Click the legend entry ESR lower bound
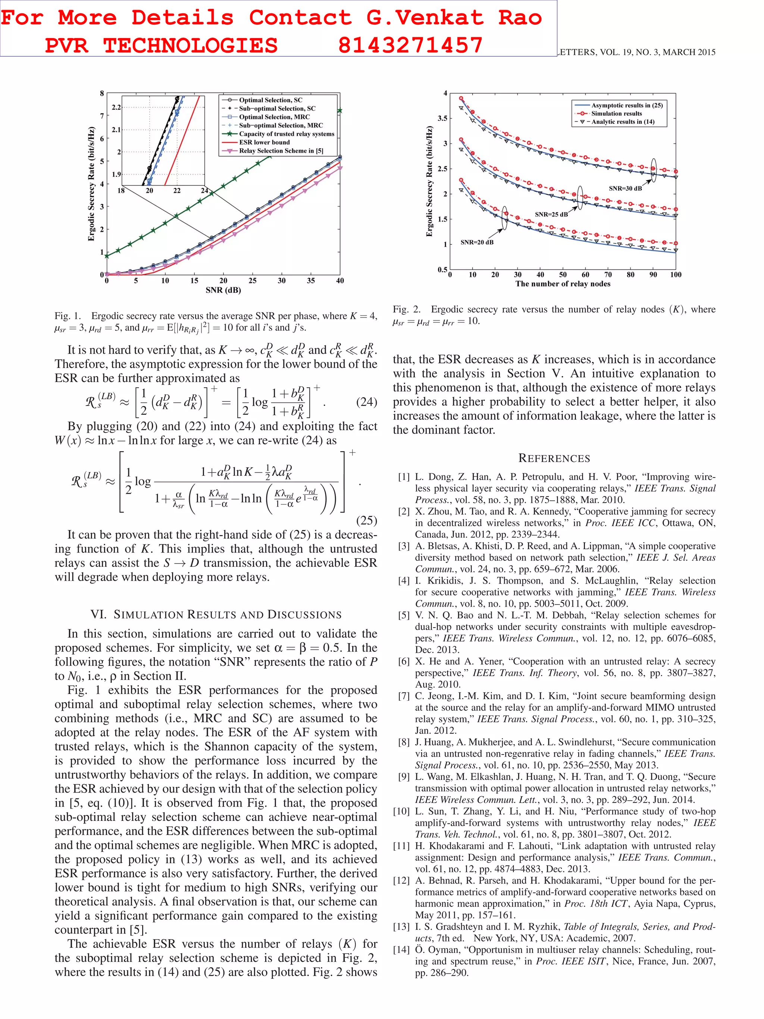point(264,143)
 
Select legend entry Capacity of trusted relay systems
point(286,134)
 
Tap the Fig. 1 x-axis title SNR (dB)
point(223,290)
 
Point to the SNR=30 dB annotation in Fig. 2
point(625,188)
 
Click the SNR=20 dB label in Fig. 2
point(477,242)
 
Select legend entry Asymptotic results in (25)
point(627,106)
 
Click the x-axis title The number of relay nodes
point(563,284)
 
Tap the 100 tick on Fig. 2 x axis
point(676,275)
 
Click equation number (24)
point(367,402)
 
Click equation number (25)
point(367,521)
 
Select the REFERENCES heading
point(554,458)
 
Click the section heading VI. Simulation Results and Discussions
point(216,615)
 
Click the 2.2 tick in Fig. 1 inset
point(116,107)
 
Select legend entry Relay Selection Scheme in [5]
point(281,151)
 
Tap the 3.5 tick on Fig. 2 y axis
point(442,118)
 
